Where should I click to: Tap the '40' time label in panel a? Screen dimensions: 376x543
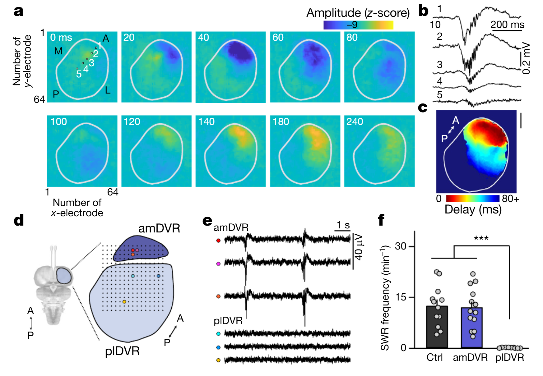203,38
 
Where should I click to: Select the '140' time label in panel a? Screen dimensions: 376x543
206,122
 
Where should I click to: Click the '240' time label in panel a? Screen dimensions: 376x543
355,122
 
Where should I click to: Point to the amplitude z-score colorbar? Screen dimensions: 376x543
358,25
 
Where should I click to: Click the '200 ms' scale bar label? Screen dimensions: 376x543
507,25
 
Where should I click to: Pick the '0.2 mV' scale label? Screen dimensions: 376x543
526,58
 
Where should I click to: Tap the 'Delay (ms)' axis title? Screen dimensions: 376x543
473,210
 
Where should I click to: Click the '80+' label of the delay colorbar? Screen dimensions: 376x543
510,199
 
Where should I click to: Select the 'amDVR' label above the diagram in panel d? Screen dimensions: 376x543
159,228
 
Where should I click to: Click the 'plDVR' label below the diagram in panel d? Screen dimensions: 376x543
122,351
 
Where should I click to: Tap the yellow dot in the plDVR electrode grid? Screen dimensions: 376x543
124,302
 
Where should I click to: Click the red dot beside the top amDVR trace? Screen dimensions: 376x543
218,241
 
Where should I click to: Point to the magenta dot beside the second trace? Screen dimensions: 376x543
218,264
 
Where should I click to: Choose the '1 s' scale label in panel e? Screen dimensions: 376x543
343,225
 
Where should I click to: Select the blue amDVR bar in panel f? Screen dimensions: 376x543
471,328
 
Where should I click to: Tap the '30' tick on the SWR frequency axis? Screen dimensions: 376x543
401,246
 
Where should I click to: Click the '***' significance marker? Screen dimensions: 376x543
481,239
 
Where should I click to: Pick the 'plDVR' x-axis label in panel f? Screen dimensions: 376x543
509,357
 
